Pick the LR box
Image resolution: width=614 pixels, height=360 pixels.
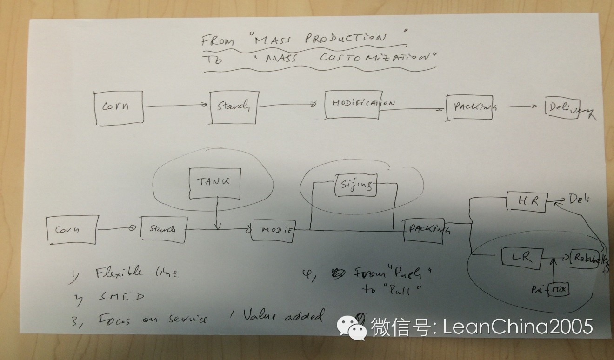(522, 257)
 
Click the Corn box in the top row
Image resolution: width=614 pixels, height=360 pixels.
(118, 107)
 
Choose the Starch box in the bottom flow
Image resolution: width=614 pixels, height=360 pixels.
(163, 229)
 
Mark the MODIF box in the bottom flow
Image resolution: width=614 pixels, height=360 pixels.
(273, 230)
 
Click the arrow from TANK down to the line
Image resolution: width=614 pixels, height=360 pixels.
(217, 213)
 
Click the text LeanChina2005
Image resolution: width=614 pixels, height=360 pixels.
(518, 327)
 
